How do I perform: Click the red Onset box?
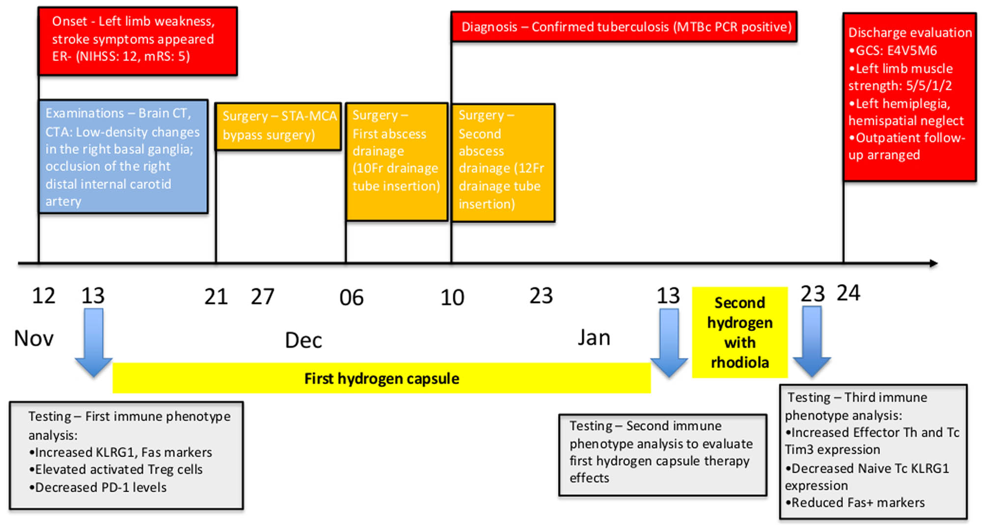click(x=137, y=41)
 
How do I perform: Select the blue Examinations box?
click(x=123, y=157)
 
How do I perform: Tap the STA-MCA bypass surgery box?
click(x=278, y=126)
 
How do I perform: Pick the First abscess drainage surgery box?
click(x=396, y=161)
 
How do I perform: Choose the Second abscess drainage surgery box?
click(x=503, y=162)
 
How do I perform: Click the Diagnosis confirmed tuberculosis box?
click(x=624, y=26)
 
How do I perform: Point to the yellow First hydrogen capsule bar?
click(x=382, y=378)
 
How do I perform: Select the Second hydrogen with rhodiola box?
click(x=739, y=332)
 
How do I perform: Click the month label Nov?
click(x=33, y=339)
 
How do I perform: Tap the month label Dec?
click(x=303, y=341)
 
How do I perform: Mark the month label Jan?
click(x=594, y=338)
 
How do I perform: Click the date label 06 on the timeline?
click(x=352, y=298)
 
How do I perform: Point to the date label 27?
click(x=262, y=297)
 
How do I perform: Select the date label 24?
click(x=848, y=293)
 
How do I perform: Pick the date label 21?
click(x=216, y=297)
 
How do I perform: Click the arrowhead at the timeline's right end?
click(x=933, y=263)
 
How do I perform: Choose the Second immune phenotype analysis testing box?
click(x=662, y=455)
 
